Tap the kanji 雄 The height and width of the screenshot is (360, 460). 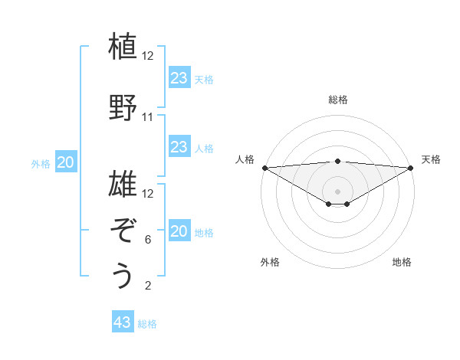click(x=123, y=184)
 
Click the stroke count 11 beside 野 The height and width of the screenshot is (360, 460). click(x=148, y=117)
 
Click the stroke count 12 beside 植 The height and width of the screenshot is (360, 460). click(x=148, y=56)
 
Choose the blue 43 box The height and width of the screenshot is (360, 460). click(x=123, y=322)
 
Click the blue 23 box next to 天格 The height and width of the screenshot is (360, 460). click(x=179, y=77)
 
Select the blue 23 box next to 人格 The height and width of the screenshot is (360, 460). click(x=179, y=148)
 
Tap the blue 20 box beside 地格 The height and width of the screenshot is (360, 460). click(x=179, y=232)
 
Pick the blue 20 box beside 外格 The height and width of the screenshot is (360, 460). click(x=66, y=162)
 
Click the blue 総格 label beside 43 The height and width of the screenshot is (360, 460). click(x=147, y=324)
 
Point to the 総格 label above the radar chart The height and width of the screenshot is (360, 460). click(x=337, y=100)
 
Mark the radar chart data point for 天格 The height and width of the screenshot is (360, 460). click(x=411, y=168)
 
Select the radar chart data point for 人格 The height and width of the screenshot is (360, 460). click(x=264, y=168)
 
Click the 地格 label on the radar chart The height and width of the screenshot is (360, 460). click(x=402, y=262)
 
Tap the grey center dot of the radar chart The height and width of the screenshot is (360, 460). click(x=337, y=191)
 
